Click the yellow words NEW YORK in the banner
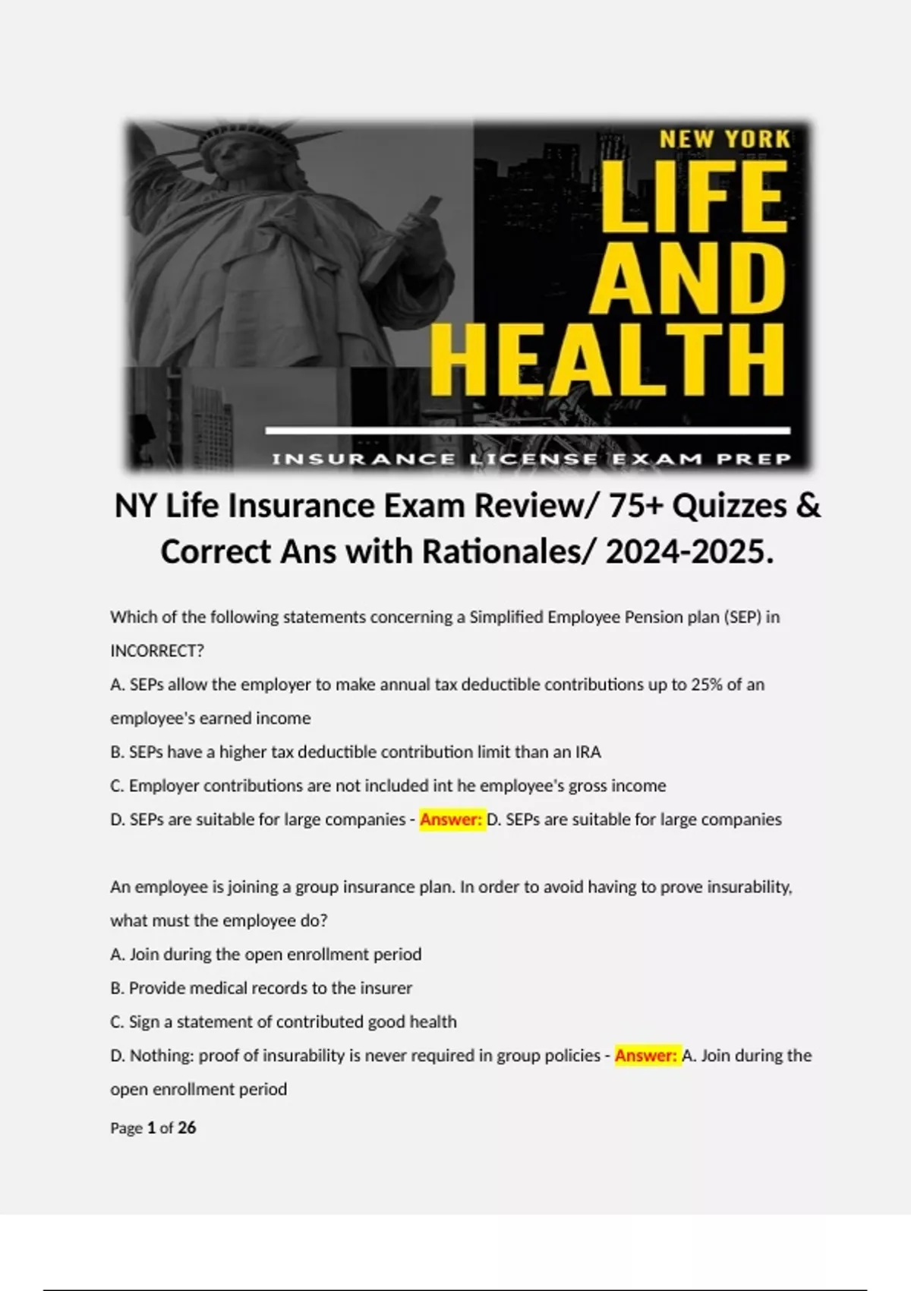[x=724, y=140]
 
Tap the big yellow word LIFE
[x=692, y=199]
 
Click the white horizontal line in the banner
[x=528, y=431]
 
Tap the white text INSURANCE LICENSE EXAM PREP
[x=531, y=459]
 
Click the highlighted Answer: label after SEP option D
[x=451, y=819]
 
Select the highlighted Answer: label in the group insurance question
[x=646, y=1056]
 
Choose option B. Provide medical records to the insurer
[x=261, y=988]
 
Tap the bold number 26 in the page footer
[x=187, y=1128]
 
